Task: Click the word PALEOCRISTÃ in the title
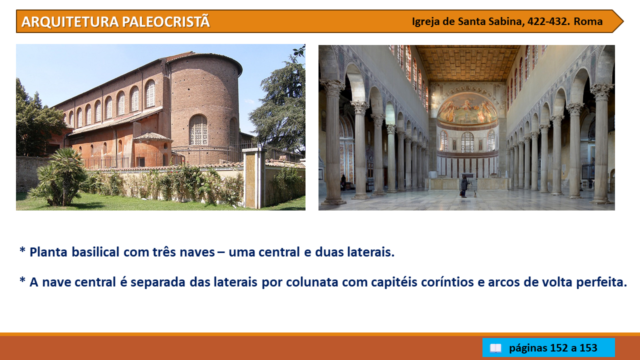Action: [166, 21]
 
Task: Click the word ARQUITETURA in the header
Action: [70, 21]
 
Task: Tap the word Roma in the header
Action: [588, 21]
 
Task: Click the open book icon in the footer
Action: [495, 348]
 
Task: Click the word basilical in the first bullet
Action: [95, 252]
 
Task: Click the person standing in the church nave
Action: [464, 186]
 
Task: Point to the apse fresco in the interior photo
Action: [467, 109]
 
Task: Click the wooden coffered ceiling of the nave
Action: [467, 63]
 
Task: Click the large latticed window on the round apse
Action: [198, 130]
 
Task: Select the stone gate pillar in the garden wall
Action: [254, 178]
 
